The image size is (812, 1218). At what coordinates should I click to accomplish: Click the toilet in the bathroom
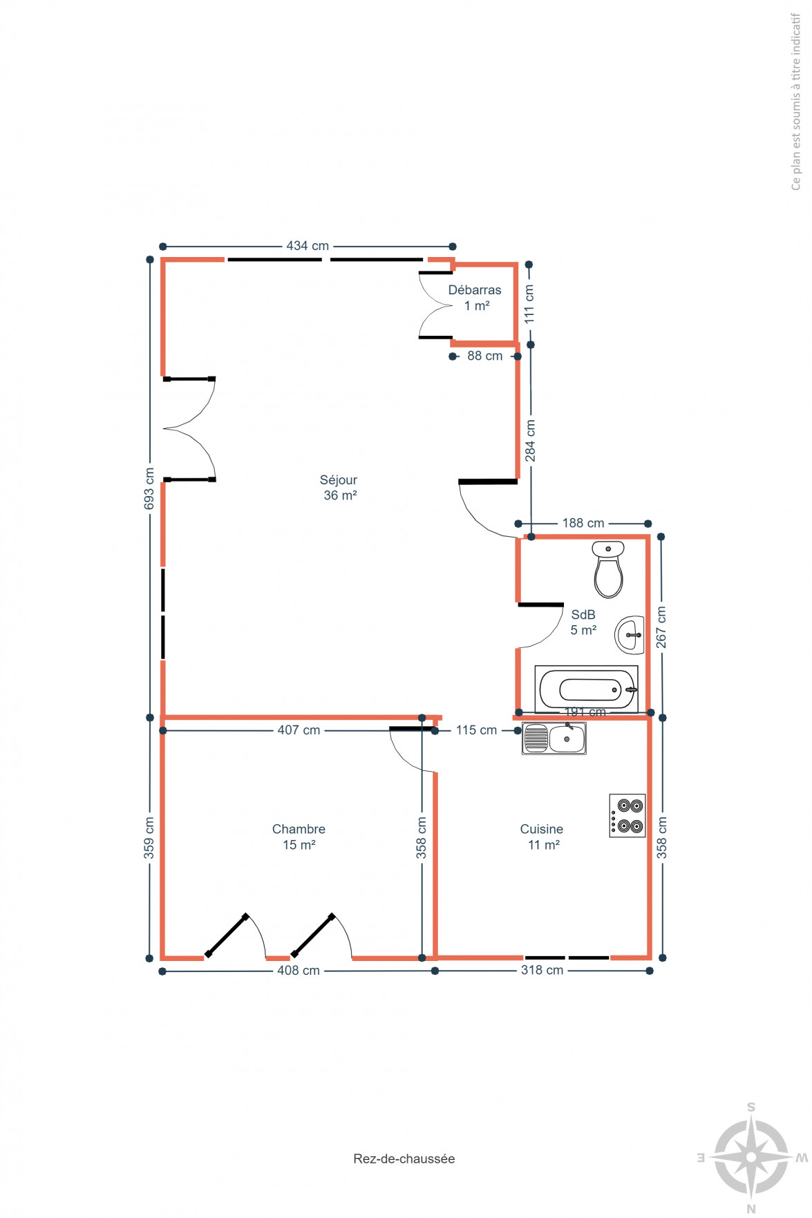pyautogui.click(x=608, y=569)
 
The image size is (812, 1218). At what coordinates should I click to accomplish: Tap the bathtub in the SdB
pyautogui.click(x=586, y=689)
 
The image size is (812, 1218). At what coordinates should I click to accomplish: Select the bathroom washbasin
pyautogui.click(x=630, y=635)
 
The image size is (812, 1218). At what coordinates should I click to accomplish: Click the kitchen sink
pyautogui.click(x=554, y=739)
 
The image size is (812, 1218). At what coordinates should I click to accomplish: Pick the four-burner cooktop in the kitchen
pyautogui.click(x=627, y=816)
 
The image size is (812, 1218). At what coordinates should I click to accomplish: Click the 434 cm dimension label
pyautogui.click(x=308, y=246)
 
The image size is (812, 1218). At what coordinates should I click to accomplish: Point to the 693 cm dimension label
pyautogui.click(x=149, y=489)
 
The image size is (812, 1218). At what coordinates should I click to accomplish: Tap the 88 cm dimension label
pyautogui.click(x=485, y=356)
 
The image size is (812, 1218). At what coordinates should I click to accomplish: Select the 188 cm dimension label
pyautogui.click(x=583, y=524)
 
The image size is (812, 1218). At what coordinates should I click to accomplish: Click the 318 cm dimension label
pyautogui.click(x=542, y=971)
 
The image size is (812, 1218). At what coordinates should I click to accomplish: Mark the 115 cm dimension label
pyautogui.click(x=476, y=730)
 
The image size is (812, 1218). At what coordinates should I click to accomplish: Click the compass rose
pyautogui.click(x=751, y=1158)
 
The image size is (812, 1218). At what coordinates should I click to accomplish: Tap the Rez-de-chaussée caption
pyautogui.click(x=404, y=1159)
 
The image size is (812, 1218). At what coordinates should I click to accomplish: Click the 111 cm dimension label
pyautogui.click(x=529, y=305)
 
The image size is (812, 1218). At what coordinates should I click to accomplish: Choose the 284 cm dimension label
pyautogui.click(x=530, y=441)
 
